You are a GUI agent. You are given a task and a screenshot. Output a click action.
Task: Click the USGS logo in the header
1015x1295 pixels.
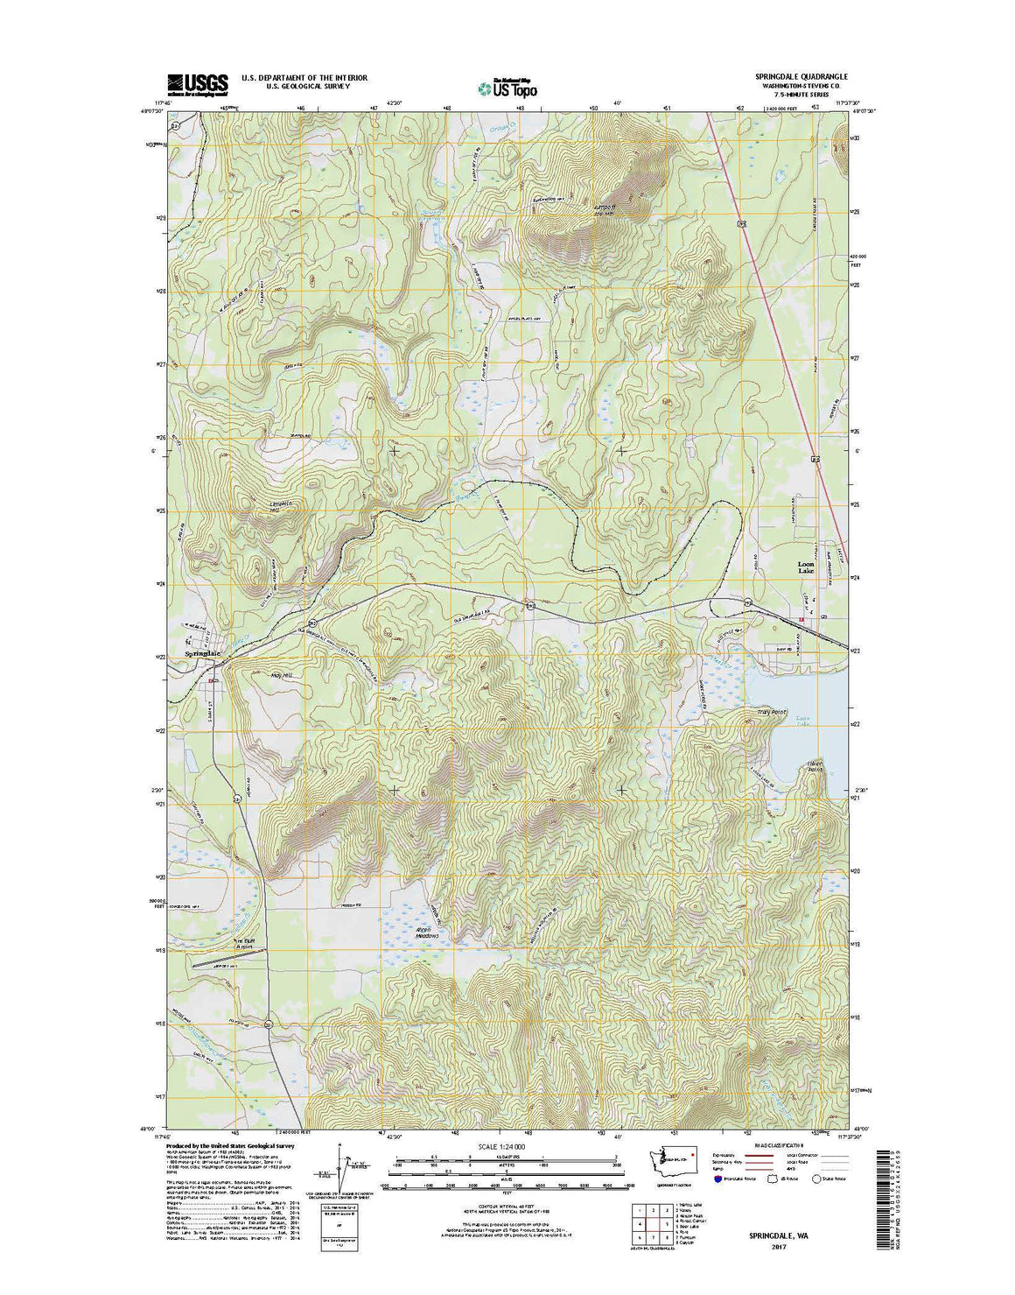coord(197,82)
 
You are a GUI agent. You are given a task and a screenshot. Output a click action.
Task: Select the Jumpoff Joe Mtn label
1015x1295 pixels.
coord(605,208)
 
